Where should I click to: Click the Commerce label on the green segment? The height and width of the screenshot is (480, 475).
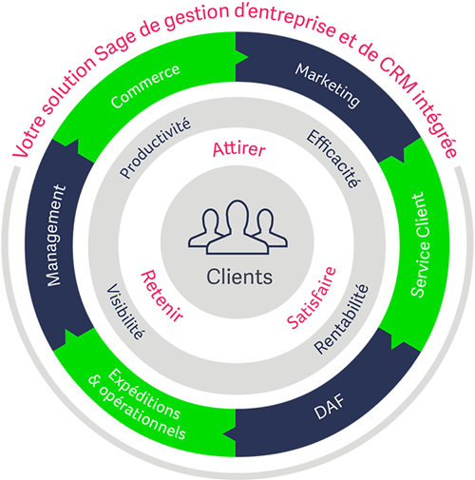point(145,86)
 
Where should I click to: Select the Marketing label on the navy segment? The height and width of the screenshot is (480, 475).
point(328,86)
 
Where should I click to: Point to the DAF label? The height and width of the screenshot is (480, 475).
point(329,407)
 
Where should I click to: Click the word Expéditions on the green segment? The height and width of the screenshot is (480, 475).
point(144,394)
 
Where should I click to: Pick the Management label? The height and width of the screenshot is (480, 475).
point(56,236)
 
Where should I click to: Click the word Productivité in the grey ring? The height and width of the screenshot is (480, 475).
point(155,147)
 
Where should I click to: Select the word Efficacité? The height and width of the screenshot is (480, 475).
point(333,159)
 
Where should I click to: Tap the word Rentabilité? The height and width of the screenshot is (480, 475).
point(342,318)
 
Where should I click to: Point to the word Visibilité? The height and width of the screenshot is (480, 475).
point(125,312)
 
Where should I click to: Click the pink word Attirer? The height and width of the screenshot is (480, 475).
point(238,149)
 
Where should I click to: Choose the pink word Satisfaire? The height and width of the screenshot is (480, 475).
point(311,298)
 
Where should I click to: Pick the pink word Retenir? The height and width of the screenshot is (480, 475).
point(161,297)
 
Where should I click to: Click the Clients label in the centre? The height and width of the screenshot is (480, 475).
point(239,277)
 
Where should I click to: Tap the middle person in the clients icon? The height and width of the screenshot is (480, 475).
point(237,227)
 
